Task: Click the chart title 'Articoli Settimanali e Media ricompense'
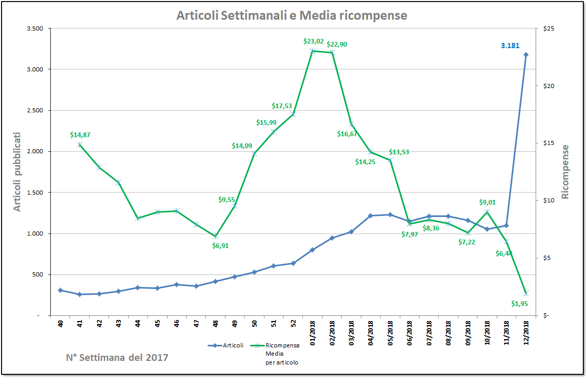291,16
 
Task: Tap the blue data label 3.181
510,46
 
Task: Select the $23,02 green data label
313,41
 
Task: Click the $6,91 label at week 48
220,245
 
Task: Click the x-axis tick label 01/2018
313,331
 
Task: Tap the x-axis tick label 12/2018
526,331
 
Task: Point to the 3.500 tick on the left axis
35,28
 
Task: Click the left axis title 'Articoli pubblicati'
18,171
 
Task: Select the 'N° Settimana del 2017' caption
117,357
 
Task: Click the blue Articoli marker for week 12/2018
526,54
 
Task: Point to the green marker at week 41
79,144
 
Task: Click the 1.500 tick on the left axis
35,193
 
